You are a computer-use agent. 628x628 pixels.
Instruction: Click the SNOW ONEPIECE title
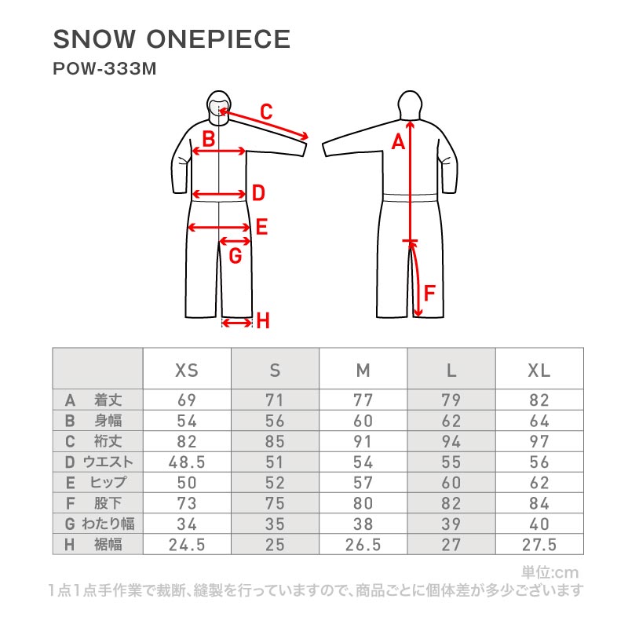click(x=171, y=39)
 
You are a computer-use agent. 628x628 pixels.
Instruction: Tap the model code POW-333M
click(x=104, y=69)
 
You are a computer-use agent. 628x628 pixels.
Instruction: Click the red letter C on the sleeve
click(x=266, y=111)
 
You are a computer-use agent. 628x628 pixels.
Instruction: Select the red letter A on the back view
click(x=398, y=142)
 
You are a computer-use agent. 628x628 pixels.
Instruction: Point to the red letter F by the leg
click(x=429, y=293)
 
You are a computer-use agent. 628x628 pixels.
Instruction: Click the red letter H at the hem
click(x=263, y=321)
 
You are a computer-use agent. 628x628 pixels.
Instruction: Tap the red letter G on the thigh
click(x=235, y=256)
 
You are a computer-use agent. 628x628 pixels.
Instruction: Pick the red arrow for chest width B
click(x=219, y=151)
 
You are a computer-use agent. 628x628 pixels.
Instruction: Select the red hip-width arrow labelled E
click(x=219, y=228)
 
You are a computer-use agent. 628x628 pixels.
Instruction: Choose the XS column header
click(x=187, y=370)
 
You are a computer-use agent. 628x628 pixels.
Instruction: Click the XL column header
click(x=539, y=370)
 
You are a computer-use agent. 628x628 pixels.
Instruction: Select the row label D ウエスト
click(x=99, y=462)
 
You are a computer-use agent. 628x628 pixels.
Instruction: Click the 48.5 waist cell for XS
click(x=187, y=462)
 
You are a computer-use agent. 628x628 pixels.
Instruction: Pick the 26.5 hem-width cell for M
click(x=363, y=545)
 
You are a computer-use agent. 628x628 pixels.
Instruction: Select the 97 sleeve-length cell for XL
click(x=539, y=441)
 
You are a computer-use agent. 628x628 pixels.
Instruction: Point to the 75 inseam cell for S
click(x=275, y=503)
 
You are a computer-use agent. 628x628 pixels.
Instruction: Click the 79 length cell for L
click(x=451, y=400)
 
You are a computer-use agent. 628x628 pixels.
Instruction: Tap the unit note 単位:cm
click(x=550, y=572)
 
